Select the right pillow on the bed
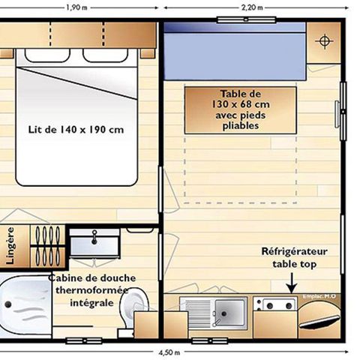tap(105, 55)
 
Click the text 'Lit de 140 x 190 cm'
tap(76, 129)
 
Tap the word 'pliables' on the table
tap(241, 127)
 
